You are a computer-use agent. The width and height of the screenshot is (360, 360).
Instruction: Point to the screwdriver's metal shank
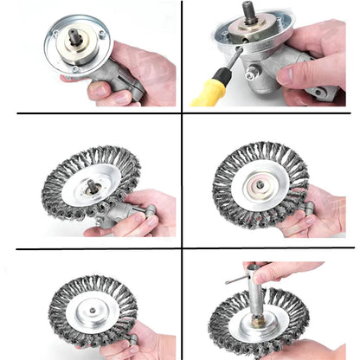(x=231, y=62)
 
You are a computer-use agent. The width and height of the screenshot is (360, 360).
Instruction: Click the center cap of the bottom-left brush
(x=90, y=307)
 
